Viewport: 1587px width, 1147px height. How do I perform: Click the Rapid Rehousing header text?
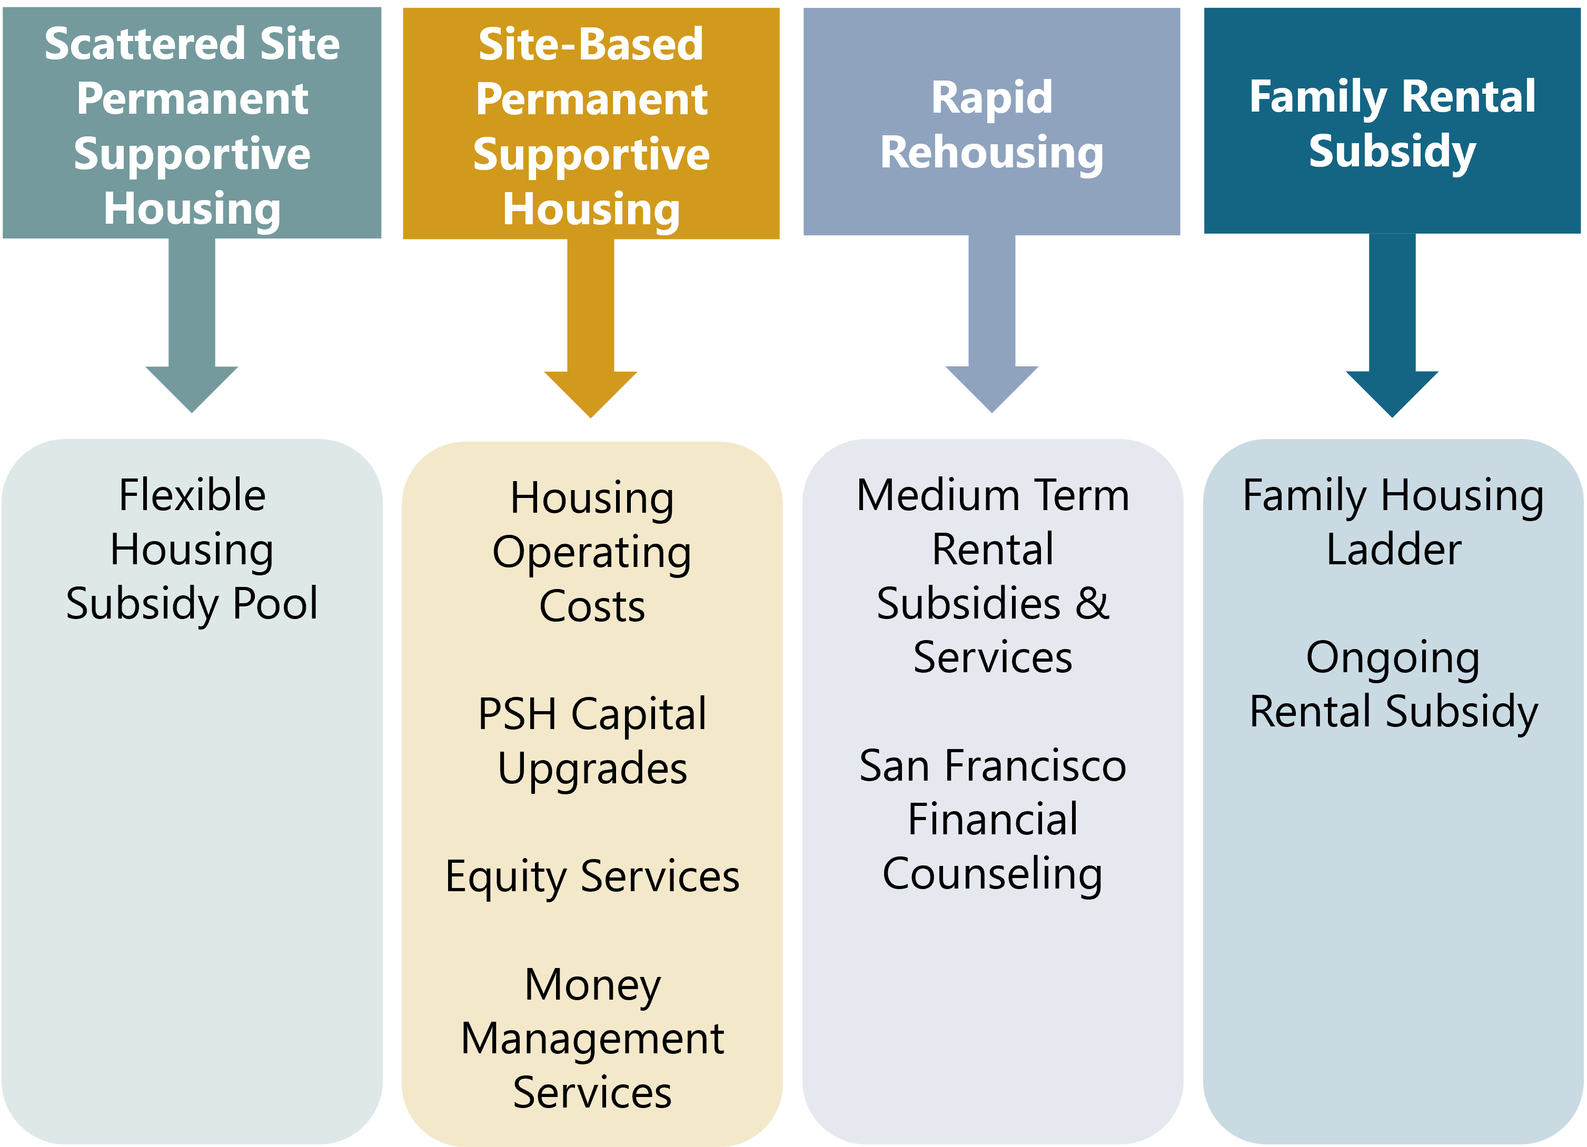coord(991,125)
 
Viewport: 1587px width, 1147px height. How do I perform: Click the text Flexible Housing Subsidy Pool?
coord(192,549)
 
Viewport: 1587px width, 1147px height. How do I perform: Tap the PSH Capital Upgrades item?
coord(592,741)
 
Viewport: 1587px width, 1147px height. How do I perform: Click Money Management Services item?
coord(592,1038)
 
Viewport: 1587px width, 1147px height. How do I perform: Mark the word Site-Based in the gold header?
coord(591,44)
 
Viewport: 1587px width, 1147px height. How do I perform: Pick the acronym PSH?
coord(517,714)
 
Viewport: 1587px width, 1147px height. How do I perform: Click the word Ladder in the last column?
coord(1394,549)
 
